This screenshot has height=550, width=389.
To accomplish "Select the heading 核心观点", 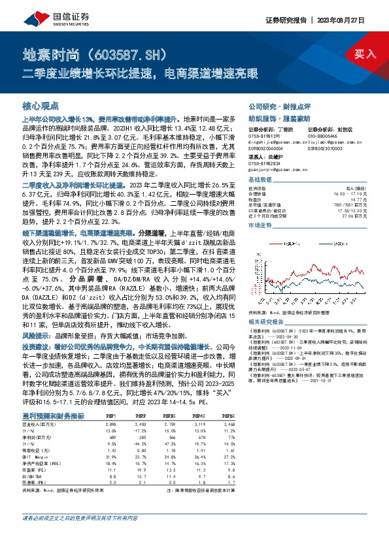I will click(41, 105).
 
